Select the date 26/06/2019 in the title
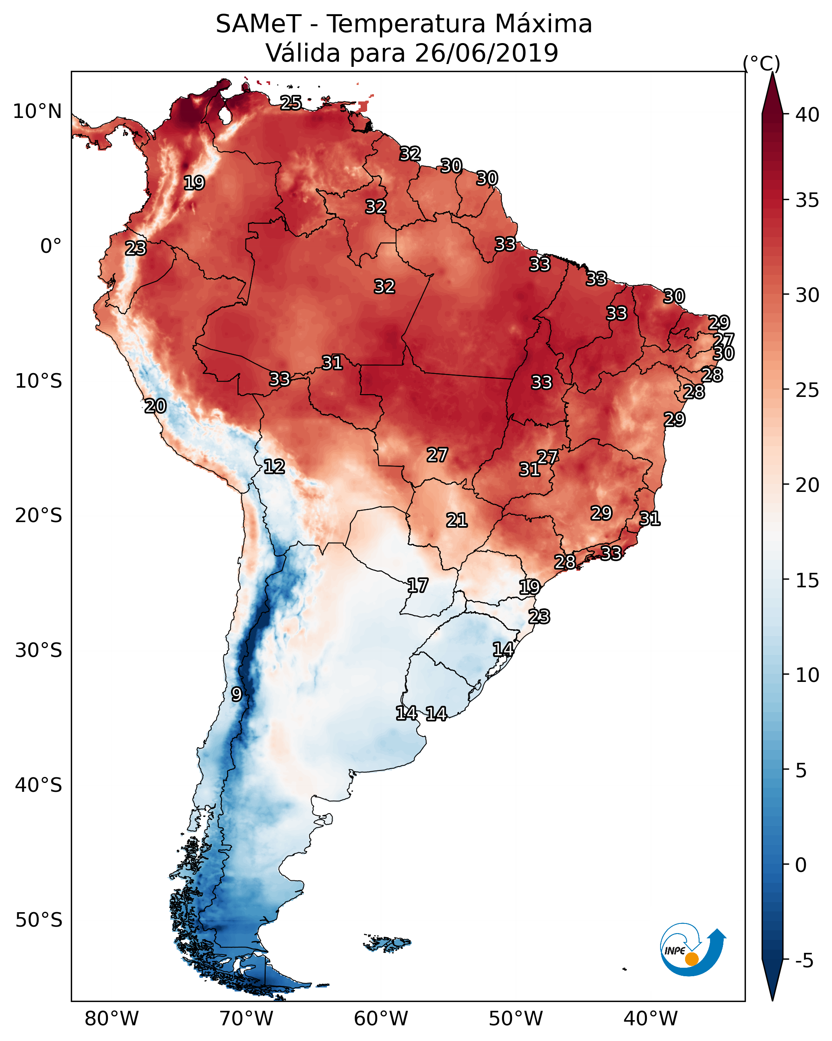pos(486,53)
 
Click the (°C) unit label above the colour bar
pos(761,64)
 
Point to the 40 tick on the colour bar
pos(807,115)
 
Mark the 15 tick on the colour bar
pos(807,580)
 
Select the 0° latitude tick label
pos(51,246)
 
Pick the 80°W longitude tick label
pos(111,1019)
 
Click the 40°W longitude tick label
pos(650,1019)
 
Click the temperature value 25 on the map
pos(291,103)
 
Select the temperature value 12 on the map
pos(274,467)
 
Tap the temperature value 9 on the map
pos(236,694)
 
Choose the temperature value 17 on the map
pos(417,586)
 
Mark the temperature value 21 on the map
pos(456,520)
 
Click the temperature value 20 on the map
pos(155,406)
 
